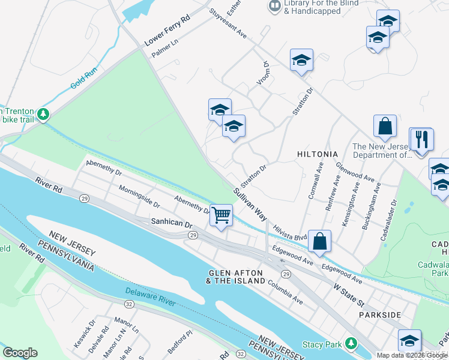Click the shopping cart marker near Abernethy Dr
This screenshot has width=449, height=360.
tap(221, 214)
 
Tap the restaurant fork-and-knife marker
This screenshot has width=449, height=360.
tap(421, 140)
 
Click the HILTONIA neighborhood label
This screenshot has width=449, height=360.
tap(318, 154)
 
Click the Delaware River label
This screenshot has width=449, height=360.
tap(150, 297)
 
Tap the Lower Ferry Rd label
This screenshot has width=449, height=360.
tap(167, 31)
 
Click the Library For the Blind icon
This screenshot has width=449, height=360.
tap(275, 5)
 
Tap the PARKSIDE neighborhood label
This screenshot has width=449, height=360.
tap(379, 314)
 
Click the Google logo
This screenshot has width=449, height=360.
tap(20, 353)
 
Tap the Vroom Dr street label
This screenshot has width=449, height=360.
tap(264, 72)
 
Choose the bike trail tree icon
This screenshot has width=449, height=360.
tap(43, 113)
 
